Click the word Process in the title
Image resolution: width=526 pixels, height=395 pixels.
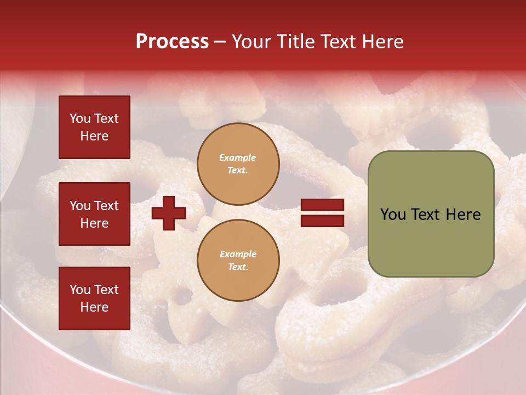[172, 42]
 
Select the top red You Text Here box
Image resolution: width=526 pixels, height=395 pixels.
[94, 127]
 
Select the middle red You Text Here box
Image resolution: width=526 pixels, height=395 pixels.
[94, 214]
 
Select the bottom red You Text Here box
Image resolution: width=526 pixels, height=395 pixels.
[94, 298]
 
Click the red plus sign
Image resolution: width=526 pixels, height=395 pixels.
[169, 213]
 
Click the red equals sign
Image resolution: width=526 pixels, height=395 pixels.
[323, 213]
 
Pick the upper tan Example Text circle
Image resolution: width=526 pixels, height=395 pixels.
[238, 164]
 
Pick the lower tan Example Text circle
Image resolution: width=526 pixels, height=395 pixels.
[238, 260]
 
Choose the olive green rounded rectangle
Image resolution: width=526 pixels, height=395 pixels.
[431, 213]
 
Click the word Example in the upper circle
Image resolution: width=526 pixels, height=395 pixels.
[238, 157]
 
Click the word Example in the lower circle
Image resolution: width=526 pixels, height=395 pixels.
[238, 254]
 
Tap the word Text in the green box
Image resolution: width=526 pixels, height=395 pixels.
[426, 215]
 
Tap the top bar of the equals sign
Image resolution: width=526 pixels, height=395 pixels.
[323, 205]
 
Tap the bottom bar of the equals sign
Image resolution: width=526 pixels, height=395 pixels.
[323, 221]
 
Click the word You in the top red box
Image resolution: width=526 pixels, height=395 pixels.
[80, 119]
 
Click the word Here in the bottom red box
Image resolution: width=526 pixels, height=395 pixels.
[94, 307]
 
